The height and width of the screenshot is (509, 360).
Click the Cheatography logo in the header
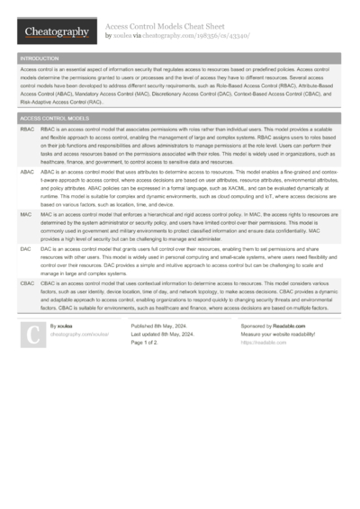click(58, 31)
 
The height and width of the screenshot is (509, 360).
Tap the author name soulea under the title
click(121, 36)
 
